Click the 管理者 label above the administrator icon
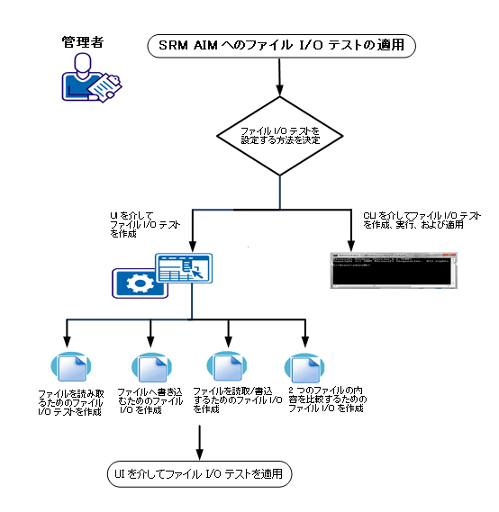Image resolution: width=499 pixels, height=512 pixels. (84, 41)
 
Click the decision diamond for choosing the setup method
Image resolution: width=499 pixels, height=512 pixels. (280, 136)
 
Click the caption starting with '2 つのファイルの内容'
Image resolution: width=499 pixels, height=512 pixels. (327, 400)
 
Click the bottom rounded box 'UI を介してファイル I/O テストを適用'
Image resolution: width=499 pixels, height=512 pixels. (197, 473)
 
